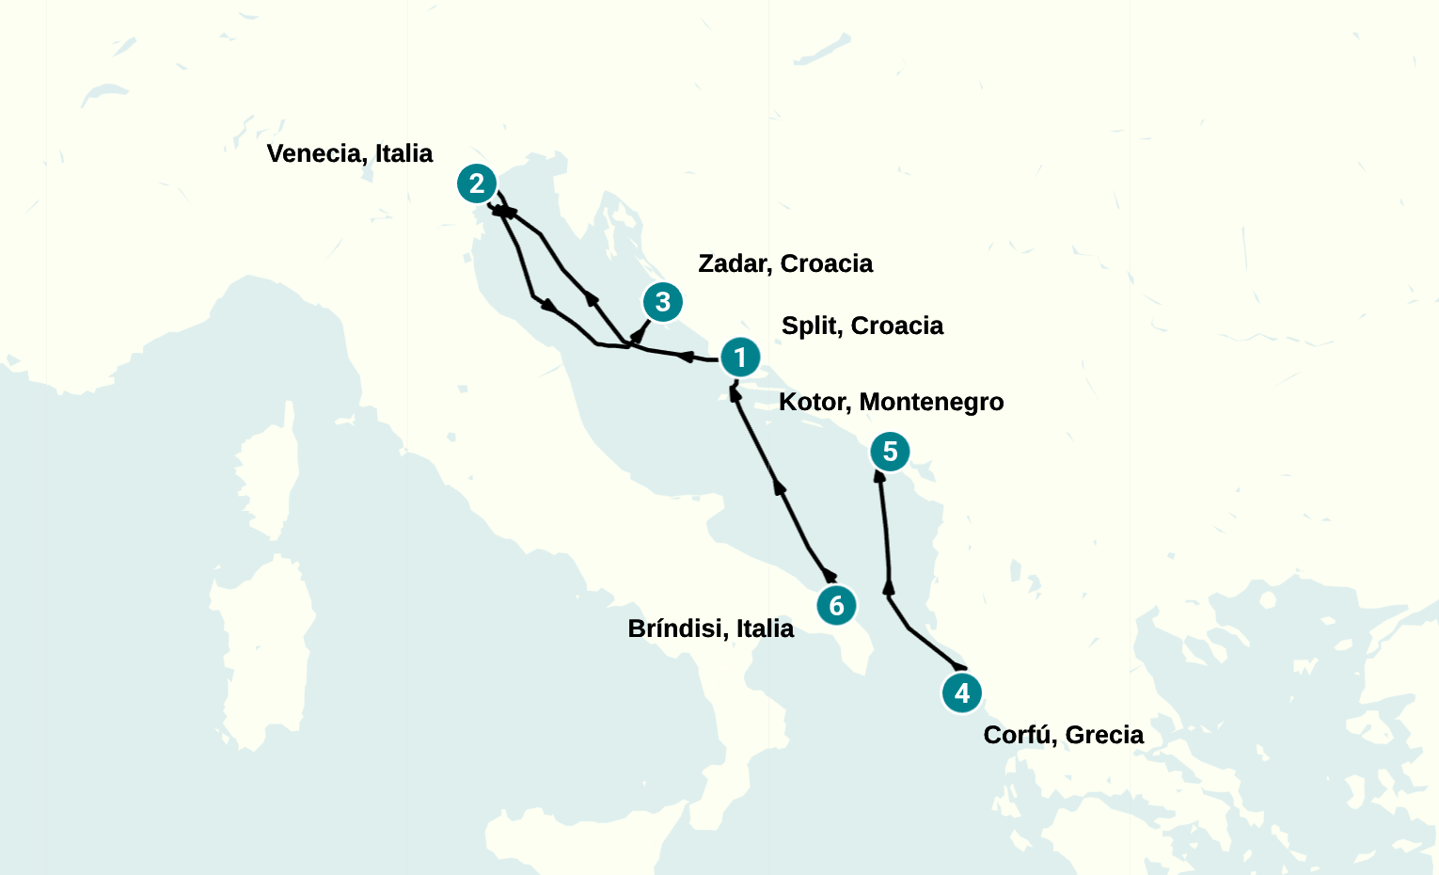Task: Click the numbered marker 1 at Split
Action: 740,358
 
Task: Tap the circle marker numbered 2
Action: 477,183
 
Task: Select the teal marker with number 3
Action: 663,302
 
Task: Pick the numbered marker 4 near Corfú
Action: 962,693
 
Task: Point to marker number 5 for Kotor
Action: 890,452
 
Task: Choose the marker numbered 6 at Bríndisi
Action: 836,605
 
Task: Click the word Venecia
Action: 314,153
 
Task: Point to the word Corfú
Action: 1018,735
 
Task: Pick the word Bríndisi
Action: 677,628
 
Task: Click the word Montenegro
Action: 931,402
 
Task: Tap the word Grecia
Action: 1104,735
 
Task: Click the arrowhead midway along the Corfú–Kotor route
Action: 888,588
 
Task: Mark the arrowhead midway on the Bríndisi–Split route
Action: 779,485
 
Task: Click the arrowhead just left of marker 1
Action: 686,357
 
